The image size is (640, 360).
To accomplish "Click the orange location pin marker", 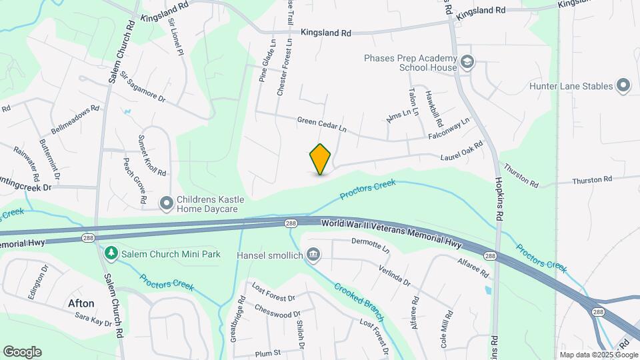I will (x=321, y=159).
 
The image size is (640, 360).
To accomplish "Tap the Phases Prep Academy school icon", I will (x=467, y=62).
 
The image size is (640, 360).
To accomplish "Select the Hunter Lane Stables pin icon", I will (x=623, y=85).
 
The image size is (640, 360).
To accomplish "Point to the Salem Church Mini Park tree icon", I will (x=111, y=253).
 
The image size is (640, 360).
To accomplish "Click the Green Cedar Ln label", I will (x=323, y=123).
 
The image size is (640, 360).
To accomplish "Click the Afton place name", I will (x=81, y=303).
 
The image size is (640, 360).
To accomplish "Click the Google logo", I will (x=22, y=352).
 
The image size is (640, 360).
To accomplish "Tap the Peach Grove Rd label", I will (x=133, y=180).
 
